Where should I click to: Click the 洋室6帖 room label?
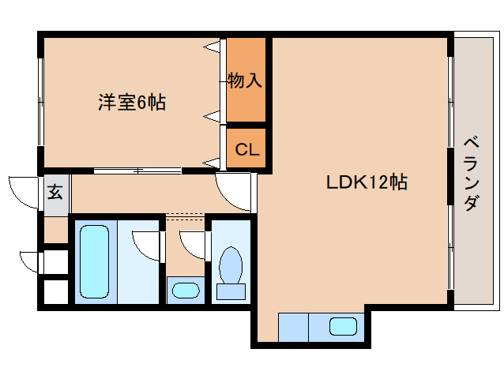tap(132, 103)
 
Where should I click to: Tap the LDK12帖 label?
tap(367, 182)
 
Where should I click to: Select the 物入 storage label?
tap(245, 81)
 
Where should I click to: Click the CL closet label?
tap(246, 149)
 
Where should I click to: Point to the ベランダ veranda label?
tap(471, 174)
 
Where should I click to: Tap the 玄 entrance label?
tap(55, 193)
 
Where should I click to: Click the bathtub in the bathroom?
tap(94, 261)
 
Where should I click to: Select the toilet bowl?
tap(231, 265)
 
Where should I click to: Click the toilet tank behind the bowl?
tap(231, 291)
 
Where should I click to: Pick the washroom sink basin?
tap(186, 290)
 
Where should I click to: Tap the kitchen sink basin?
tap(343, 326)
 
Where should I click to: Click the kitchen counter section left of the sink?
tap(293, 328)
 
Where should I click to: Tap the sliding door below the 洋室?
tap(137, 171)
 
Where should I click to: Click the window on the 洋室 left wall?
tap(40, 102)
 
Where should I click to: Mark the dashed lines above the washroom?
tap(185, 216)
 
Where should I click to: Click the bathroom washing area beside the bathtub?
tap(138, 262)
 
